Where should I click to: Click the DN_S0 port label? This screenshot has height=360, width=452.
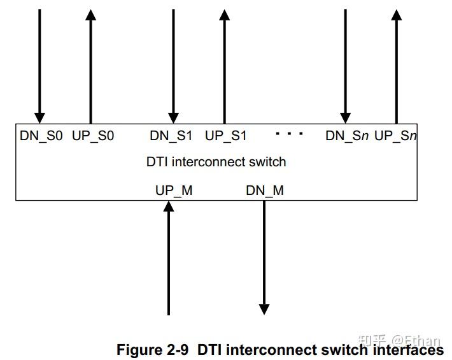[41, 136]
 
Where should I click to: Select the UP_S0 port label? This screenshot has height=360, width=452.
[93, 136]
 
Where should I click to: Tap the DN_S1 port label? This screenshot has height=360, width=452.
[171, 136]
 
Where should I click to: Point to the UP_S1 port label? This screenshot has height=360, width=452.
[225, 136]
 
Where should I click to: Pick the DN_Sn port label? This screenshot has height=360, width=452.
[347, 136]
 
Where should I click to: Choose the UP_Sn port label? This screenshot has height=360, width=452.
[395, 136]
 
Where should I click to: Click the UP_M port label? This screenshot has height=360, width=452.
[174, 190]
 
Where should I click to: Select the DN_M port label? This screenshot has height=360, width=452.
[265, 190]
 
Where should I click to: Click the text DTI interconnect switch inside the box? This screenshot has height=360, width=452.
[216, 162]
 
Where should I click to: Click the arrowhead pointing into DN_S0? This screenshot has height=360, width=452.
[39, 118]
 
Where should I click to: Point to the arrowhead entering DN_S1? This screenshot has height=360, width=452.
[173, 118]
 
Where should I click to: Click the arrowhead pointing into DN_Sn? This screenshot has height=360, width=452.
[345, 118]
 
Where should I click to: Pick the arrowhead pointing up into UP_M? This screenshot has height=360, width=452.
[169, 206]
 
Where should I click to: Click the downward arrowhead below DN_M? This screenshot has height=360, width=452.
[264, 310]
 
